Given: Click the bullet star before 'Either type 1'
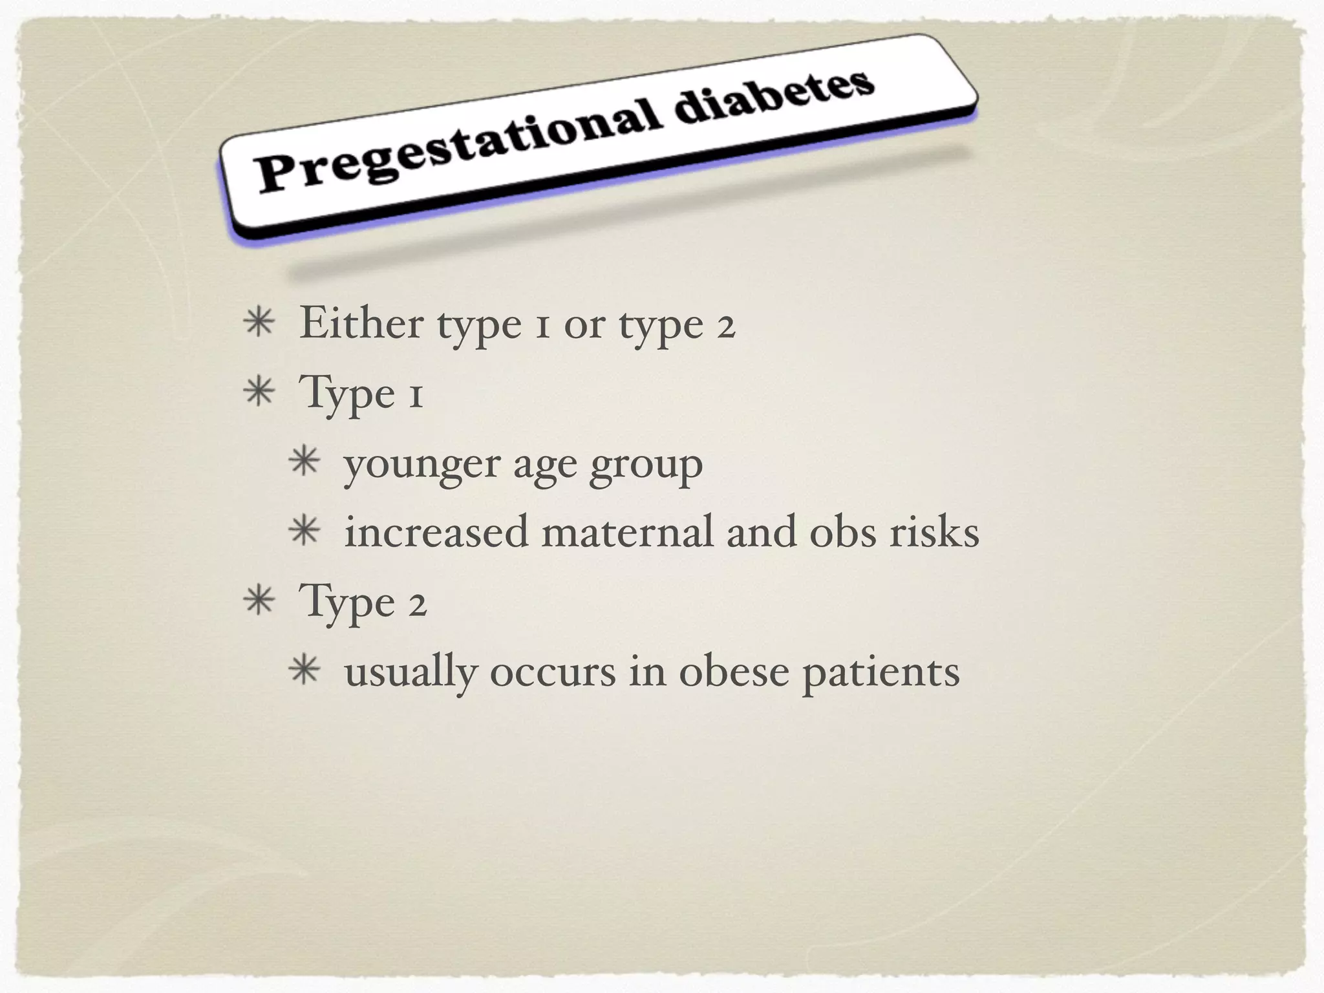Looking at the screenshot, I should click(259, 323).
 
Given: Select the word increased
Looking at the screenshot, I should click(436, 533).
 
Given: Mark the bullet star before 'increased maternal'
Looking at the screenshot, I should click(304, 533).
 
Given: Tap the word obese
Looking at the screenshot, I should click(734, 672).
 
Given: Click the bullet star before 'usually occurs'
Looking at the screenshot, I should click(304, 671).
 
